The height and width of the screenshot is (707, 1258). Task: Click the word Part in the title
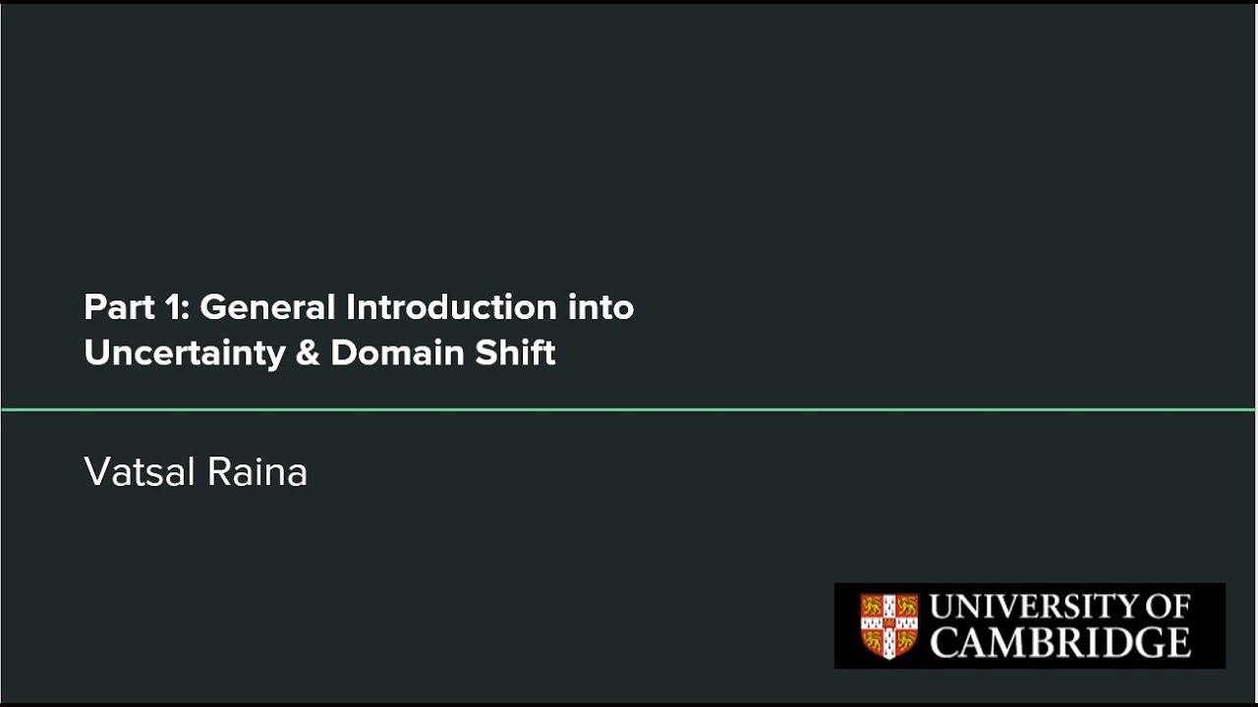point(119,307)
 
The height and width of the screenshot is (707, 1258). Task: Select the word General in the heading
point(267,307)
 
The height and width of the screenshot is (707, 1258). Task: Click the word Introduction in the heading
point(451,307)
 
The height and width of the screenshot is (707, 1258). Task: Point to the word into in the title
point(600,307)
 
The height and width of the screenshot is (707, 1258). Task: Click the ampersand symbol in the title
point(308,353)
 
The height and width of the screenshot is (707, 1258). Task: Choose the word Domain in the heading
point(397,353)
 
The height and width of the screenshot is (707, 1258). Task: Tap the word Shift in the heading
point(515,353)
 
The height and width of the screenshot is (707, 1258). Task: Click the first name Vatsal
point(140,472)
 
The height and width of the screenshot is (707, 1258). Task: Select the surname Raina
point(257,472)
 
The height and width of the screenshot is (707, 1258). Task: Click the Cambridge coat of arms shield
point(889,625)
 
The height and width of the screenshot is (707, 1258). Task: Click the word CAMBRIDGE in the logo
point(1060,642)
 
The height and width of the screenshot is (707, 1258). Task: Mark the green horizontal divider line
point(628,409)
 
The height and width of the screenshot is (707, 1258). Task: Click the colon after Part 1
point(186,311)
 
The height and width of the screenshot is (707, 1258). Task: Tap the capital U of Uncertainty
point(96,353)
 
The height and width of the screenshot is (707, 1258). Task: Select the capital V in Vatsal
point(97,472)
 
